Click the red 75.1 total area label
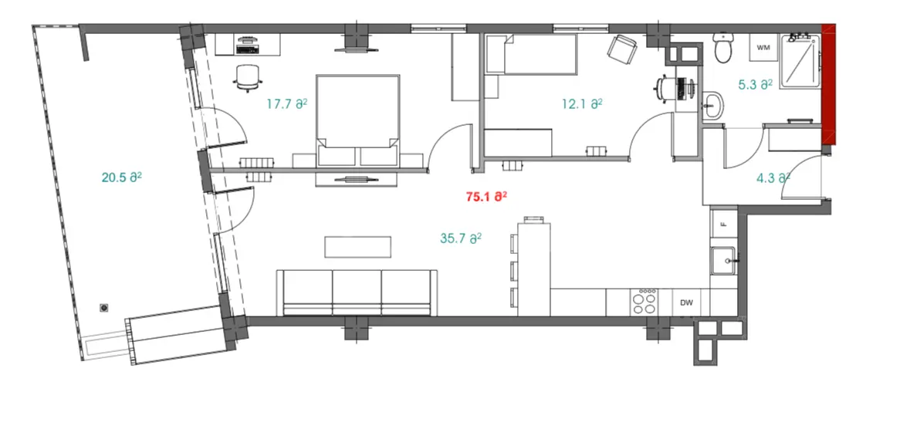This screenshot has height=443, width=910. point(487,197)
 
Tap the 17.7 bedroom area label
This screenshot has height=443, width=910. point(286,104)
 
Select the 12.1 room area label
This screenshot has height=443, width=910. point(582,104)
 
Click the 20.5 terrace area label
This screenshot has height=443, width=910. point(122,178)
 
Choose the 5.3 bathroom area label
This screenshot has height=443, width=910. point(755,85)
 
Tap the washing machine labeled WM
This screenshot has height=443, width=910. point(764,48)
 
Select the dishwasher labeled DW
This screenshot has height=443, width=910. point(687,303)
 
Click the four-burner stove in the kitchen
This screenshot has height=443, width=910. point(644,302)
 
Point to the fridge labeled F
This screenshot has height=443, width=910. point(723,224)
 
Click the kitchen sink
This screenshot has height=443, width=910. point(723,261)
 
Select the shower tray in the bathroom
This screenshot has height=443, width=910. point(800,61)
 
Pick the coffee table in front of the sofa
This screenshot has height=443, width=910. point(357,246)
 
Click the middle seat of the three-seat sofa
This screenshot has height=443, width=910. point(357,293)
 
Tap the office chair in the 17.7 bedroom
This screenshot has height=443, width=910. point(247,78)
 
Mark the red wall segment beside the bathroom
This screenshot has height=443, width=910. point(829,85)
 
